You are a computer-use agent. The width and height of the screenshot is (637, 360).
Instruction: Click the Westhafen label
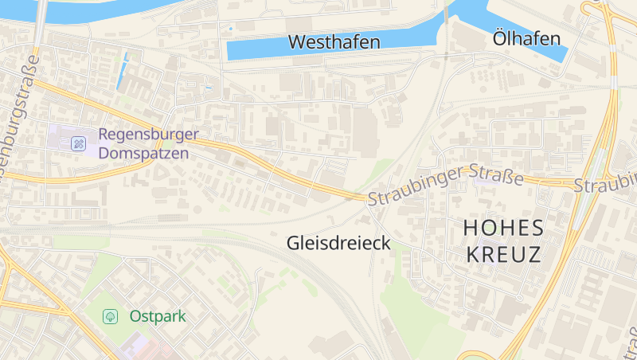pyautogui.click(x=334, y=42)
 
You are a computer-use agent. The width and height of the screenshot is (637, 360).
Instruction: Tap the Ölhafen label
pyautogui.click(x=526, y=38)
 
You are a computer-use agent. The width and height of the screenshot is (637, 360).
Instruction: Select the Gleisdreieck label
pyautogui.click(x=338, y=244)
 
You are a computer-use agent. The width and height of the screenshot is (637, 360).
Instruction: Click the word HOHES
pyautogui.click(x=504, y=228)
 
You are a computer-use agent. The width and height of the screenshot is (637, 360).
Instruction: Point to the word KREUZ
pyautogui.click(x=503, y=255)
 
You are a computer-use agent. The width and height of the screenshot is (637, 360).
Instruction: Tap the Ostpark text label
pyautogui.click(x=157, y=316)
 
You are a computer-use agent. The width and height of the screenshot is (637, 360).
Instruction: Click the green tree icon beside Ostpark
pyautogui.click(x=111, y=316)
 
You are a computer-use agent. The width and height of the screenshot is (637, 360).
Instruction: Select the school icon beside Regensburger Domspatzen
pyautogui.click(x=78, y=143)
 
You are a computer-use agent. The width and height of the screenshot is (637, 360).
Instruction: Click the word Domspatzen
pyautogui.click(x=144, y=152)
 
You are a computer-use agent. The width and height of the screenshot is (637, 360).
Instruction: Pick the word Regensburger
pyautogui.click(x=148, y=135)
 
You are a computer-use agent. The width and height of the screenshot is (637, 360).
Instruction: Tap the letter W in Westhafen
pyautogui.click(x=296, y=42)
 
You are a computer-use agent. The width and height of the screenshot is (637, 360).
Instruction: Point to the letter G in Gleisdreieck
pyautogui.click(x=293, y=244)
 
